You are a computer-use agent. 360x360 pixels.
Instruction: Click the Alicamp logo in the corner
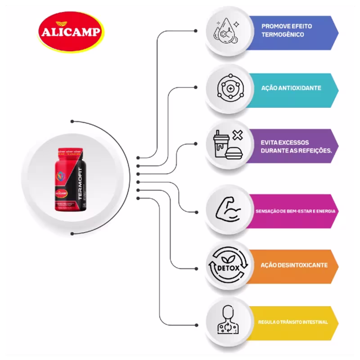pos(71,33)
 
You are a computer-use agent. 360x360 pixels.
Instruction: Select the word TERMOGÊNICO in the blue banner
pos(283,35)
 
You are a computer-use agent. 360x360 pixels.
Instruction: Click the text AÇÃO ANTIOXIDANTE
pos(291,88)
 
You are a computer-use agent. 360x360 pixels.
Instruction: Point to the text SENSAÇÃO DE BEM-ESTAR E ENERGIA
pos(295,211)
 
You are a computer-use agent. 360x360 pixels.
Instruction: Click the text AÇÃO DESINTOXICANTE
pos(294,265)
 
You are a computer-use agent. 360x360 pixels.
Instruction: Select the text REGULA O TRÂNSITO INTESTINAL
pos(293,322)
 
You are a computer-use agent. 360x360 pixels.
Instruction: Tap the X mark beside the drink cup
pos(238,135)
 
